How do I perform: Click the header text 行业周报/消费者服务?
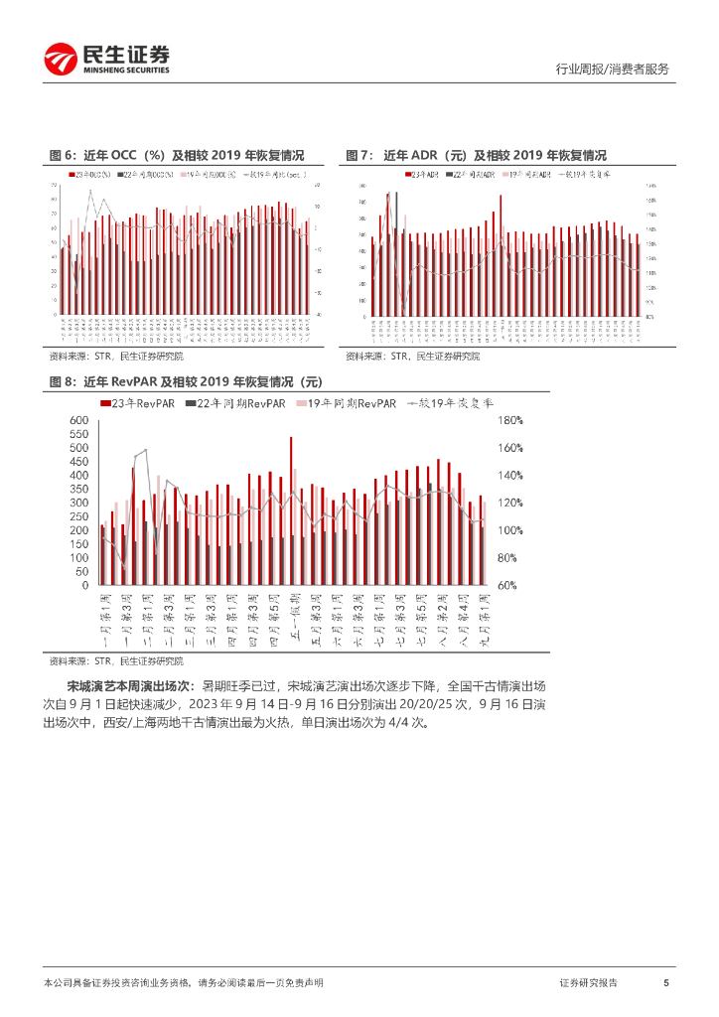point(611,69)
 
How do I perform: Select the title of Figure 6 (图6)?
point(176,155)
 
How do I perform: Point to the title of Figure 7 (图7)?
point(476,155)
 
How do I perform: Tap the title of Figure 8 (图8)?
point(187,381)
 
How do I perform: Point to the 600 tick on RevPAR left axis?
point(79,421)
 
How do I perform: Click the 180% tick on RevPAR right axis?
point(508,421)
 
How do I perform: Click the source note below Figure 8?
point(116,660)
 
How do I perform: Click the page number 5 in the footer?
point(666,982)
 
